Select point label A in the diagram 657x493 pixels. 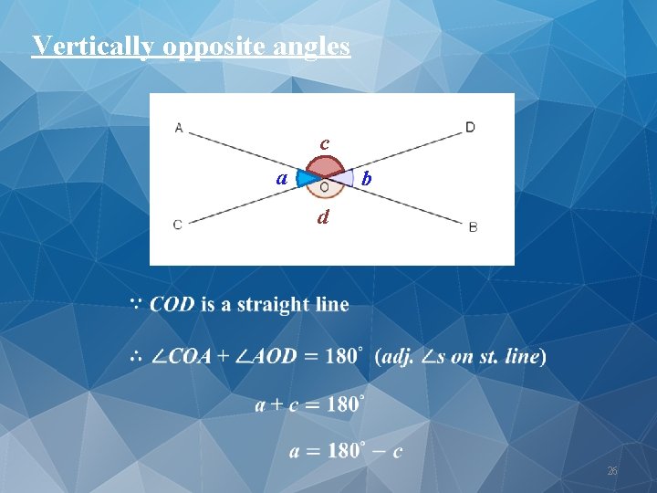tap(179, 128)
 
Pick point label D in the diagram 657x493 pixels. tap(470, 127)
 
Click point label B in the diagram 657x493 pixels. tap(473, 226)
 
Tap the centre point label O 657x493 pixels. tap(324, 186)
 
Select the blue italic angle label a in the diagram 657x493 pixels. tap(284, 176)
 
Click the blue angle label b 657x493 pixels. tap(366, 179)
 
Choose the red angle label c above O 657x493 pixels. tap(324, 143)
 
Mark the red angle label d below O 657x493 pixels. tap(323, 218)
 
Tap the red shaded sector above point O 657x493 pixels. tap(324, 167)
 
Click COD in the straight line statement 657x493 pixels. tap(172, 304)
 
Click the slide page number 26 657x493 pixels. tap(612, 471)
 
